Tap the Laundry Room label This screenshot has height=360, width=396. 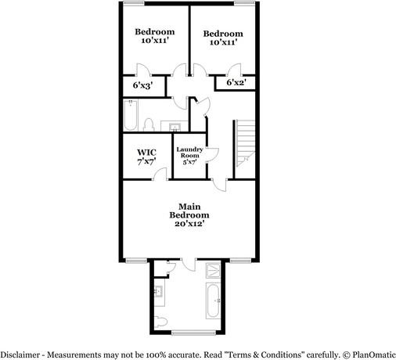[190, 156]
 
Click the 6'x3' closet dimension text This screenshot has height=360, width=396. [142, 85]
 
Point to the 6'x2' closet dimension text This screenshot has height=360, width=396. [235, 82]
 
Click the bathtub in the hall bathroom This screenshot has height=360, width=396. [131, 115]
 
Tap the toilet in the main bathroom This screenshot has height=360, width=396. [160, 320]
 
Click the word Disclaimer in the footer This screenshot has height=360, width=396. [23, 354]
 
